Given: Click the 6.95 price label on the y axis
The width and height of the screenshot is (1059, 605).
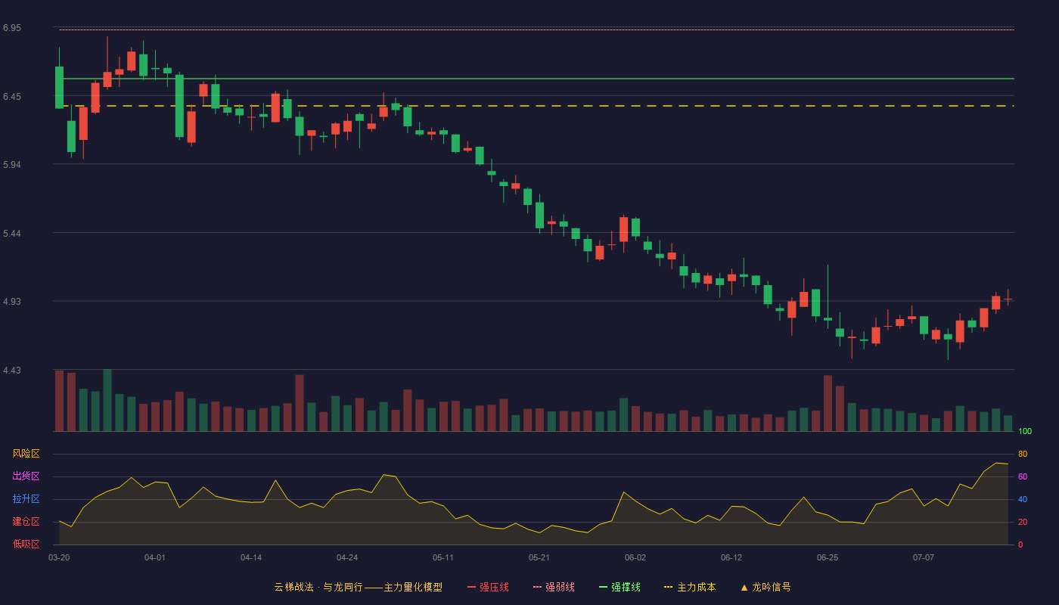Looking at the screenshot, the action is click(x=12, y=28).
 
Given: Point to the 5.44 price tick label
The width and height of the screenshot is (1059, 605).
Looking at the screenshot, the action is click(x=12, y=234).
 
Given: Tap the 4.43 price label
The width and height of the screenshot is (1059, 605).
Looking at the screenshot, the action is click(x=12, y=370).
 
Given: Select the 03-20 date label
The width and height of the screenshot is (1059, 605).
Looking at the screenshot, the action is click(x=59, y=558).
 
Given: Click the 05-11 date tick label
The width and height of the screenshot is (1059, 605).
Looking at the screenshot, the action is click(x=443, y=558).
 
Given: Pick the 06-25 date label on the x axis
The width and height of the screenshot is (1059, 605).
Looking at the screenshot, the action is click(x=828, y=558).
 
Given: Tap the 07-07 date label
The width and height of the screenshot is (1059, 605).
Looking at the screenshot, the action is click(x=924, y=558).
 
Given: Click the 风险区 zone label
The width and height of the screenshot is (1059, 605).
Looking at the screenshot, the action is click(x=26, y=454).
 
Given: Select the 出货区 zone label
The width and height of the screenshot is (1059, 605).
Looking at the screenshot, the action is click(x=26, y=476).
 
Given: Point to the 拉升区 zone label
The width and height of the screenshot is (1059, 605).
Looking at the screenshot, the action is click(x=26, y=498).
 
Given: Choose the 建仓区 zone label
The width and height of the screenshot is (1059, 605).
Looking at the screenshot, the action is click(x=26, y=521).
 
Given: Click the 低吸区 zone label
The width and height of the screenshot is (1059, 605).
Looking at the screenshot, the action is click(x=26, y=544).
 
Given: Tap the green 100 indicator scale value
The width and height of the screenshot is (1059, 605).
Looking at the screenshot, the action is click(x=1025, y=431).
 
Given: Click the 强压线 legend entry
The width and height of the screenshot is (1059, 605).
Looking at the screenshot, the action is click(x=488, y=587).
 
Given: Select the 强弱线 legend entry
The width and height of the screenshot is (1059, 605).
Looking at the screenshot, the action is click(x=554, y=587).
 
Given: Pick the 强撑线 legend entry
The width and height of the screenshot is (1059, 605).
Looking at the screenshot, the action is click(x=620, y=587).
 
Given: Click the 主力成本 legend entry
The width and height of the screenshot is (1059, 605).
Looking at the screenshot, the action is click(x=690, y=587).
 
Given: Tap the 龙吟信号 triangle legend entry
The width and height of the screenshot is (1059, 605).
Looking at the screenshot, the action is click(x=766, y=587).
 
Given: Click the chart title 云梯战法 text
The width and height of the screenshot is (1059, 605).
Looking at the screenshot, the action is click(x=293, y=587).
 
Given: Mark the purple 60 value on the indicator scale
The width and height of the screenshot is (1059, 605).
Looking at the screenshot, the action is click(x=1023, y=476).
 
